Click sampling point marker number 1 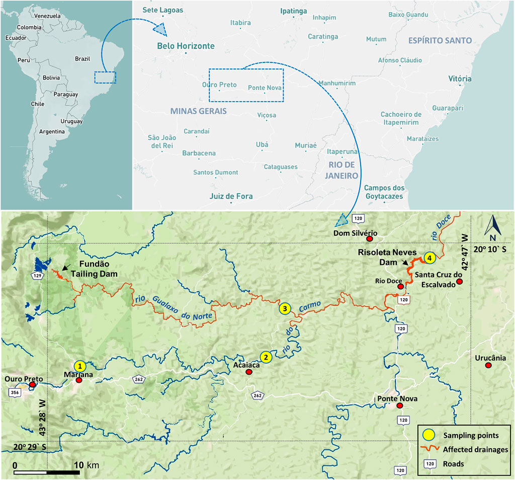79,366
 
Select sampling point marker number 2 267,357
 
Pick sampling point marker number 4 429,257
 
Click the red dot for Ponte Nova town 400,405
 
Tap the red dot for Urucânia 488,365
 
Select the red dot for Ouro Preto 33,385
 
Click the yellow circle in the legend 429,435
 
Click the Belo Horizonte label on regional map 186,46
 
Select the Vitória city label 460,79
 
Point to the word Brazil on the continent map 82,59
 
